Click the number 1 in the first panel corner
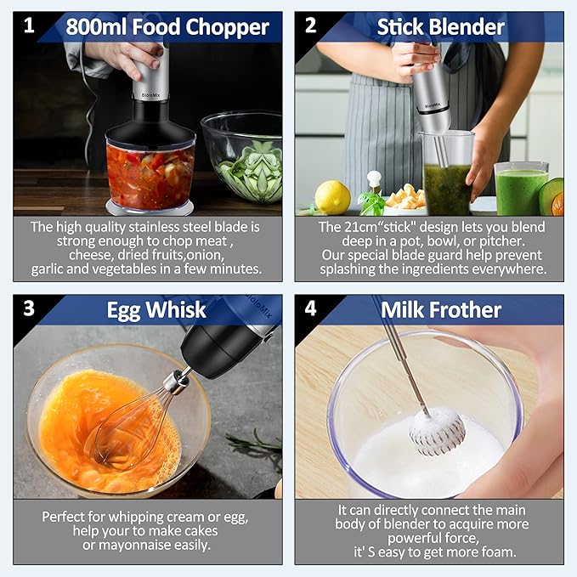pyautogui.click(x=30, y=25)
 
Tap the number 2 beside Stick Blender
pyautogui.click(x=311, y=25)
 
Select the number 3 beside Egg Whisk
pyautogui.click(x=30, y=308)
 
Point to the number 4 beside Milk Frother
pyautogui.click(x=311, y=308)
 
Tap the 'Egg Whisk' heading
pyautogui.click(x=156, y=309)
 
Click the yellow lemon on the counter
pyautogui.click(x=332, y=197)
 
